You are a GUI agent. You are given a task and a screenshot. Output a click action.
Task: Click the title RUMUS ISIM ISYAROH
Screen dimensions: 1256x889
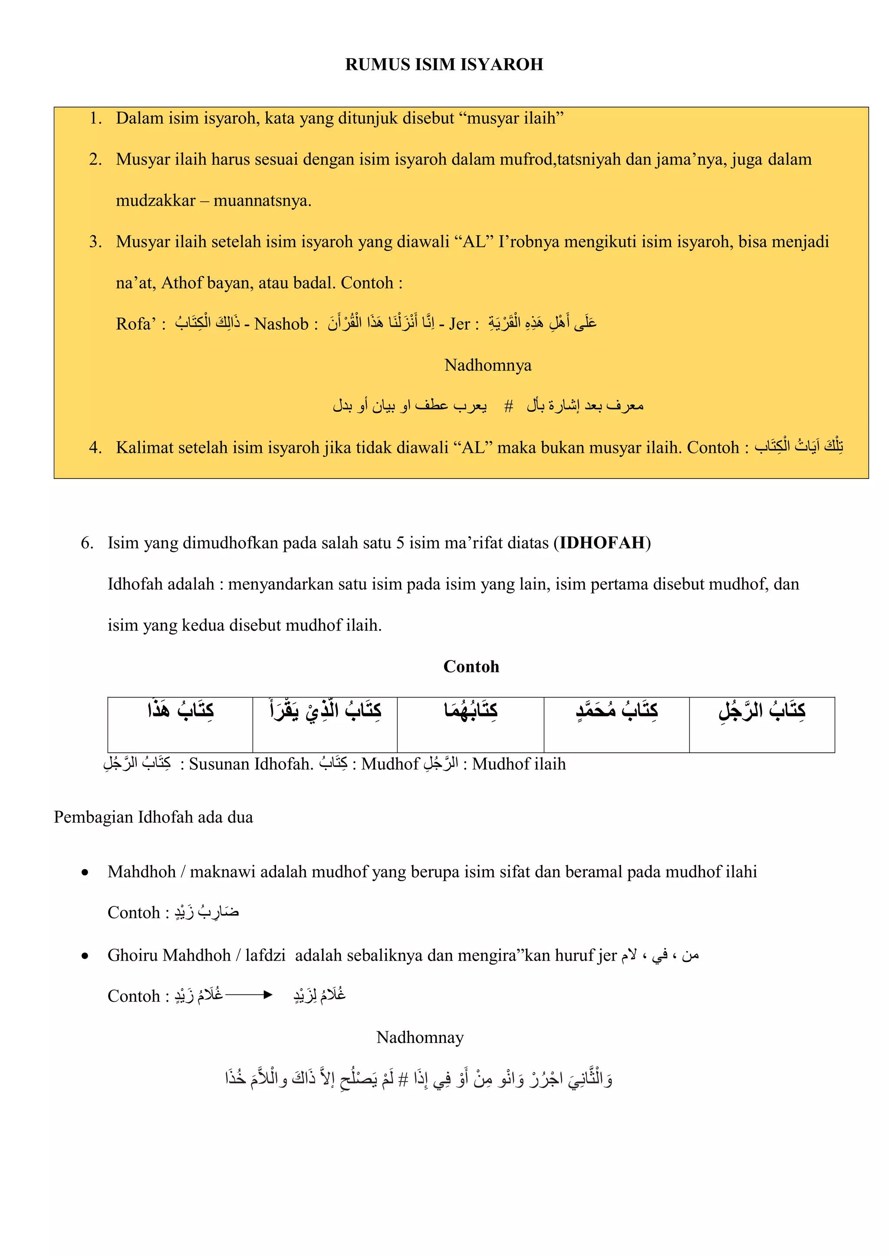(444, 65)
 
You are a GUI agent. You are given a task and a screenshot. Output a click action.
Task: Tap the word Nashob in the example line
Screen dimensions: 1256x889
(281, 324)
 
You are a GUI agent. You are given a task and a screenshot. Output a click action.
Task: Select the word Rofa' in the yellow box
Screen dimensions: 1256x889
(136, 324)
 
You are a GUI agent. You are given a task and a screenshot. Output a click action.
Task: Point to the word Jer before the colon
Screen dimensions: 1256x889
(459, 324)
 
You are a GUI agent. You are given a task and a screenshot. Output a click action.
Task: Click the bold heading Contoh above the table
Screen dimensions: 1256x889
(471, 666)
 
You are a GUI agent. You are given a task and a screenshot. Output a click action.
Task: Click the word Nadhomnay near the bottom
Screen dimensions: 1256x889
(420, 1037)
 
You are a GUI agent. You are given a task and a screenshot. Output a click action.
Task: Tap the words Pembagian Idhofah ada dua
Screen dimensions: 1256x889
(153, 817)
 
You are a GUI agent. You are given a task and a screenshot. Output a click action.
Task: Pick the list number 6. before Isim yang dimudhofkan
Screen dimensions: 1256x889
(87, 543)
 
